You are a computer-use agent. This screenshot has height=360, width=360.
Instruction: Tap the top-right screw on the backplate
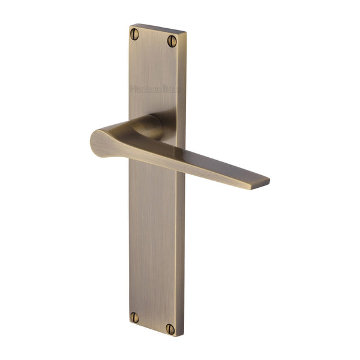point(172,41)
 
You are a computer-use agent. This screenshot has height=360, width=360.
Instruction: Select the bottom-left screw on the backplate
point(134,317)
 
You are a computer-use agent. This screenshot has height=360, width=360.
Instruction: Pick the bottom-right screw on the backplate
point(170,329)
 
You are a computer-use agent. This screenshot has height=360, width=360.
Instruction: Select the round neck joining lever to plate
point(151,126)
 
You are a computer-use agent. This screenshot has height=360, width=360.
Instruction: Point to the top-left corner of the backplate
point(130,26)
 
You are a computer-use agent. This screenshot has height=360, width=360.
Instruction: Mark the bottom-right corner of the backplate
point(183,335)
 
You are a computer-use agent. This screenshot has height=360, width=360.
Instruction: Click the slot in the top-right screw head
point(172,41)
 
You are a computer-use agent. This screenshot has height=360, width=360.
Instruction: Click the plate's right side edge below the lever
point(182,252)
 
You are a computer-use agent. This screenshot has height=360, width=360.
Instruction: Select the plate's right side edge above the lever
point(184,90)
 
